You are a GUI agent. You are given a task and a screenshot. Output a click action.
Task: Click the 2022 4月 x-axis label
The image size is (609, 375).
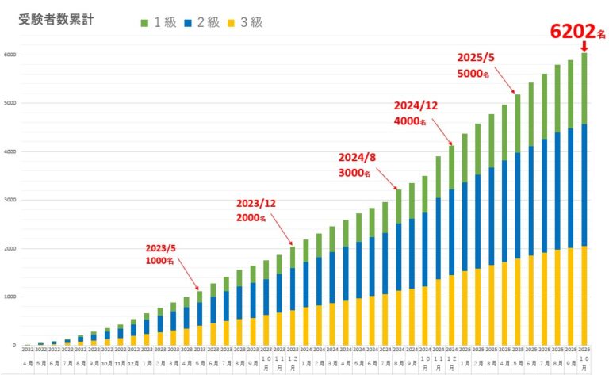28,358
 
